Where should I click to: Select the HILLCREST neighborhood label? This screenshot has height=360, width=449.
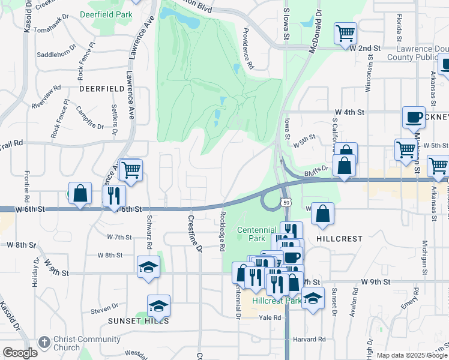coord(340,239)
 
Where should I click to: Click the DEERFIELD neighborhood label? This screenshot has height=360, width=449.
coord(102,88)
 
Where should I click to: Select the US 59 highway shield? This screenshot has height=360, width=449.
coord(287,203)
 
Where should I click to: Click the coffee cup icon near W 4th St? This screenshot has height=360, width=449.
coord(414,117)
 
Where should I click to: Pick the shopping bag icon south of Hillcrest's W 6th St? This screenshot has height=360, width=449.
coord(322,214)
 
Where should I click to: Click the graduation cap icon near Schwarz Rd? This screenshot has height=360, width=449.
coord(148,267)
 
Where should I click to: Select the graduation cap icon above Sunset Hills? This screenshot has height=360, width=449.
coord(158,305)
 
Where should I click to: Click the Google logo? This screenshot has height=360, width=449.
coord(20,353)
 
